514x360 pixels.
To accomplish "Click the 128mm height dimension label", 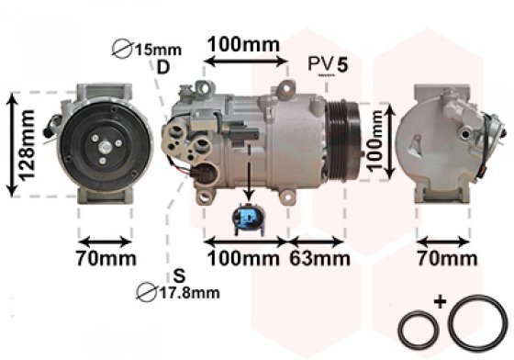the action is [27, 145].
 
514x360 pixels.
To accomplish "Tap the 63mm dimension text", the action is [319, 258].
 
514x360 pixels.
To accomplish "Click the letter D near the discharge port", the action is [163, 68].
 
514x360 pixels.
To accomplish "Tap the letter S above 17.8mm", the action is [179, 276].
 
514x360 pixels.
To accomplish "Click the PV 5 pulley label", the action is [328, 64].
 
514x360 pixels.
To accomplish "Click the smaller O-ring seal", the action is [419, 330].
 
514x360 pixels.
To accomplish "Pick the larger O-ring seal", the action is [477, 323].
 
